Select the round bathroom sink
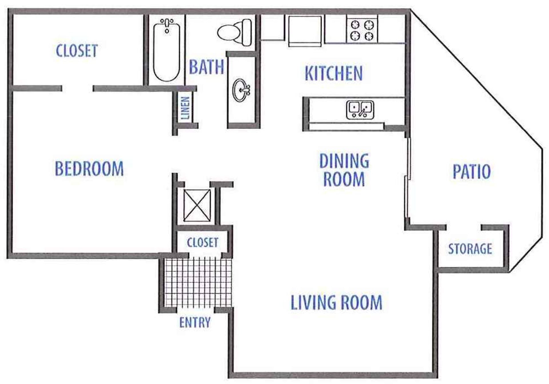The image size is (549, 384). click(241, 90)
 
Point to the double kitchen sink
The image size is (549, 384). click(360, 110)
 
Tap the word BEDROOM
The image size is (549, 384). click(89, 169)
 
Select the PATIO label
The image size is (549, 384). click(472, 172)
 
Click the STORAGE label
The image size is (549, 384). click(470, 249)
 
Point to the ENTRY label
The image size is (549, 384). click(195, 323)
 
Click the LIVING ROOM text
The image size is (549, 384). click(336, 303)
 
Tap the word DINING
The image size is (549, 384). click(344, 161)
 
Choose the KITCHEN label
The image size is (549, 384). click(334, 73)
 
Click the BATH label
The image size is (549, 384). click(206, 67)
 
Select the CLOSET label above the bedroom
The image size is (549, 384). click(77, 51)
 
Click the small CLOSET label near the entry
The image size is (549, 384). click(202, 242)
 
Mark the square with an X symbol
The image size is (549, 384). click(197, 205)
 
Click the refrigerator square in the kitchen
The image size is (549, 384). click(305, 30)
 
